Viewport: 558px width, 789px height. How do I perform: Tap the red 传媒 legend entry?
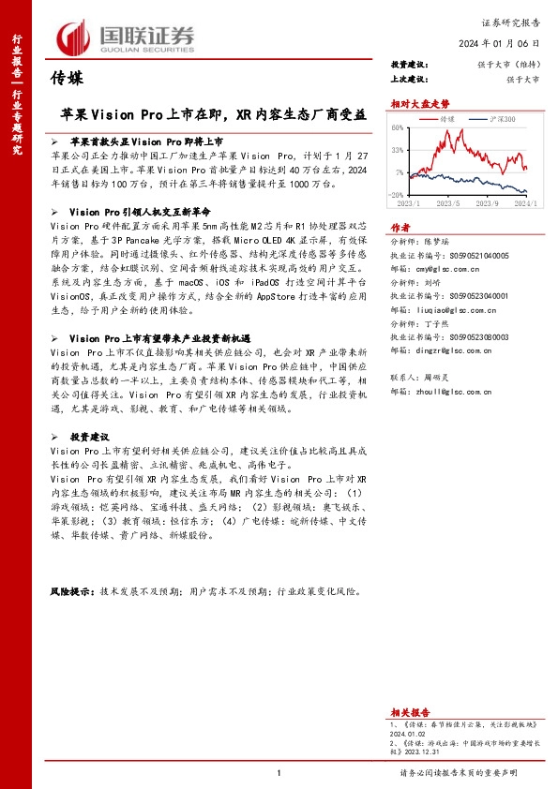click(444, 121)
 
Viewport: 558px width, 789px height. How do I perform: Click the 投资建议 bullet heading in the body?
click(90, 437)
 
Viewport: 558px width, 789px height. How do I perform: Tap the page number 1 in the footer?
click(279, 773)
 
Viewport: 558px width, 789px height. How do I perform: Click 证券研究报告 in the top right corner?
click(512, 19)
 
